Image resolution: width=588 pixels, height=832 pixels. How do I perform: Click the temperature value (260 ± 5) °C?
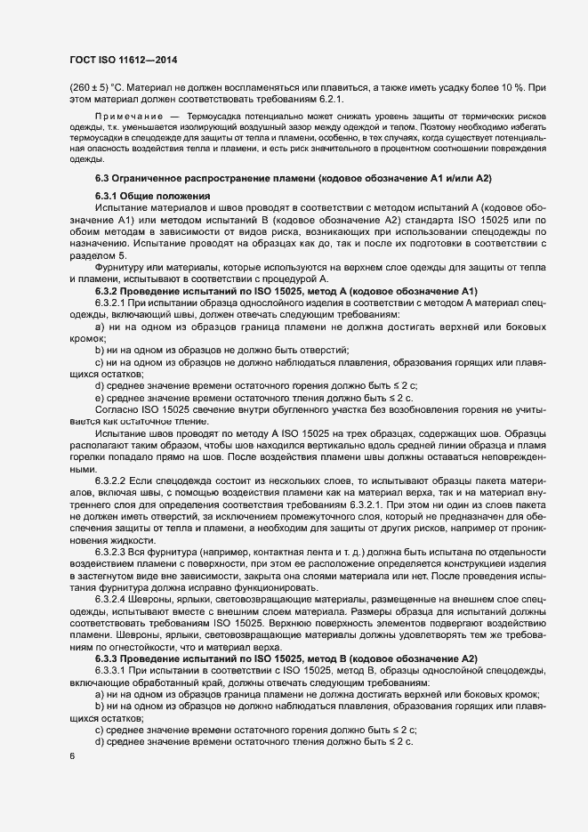[x=94, y=89]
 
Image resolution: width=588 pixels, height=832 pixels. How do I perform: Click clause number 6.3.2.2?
[x=113, y=480]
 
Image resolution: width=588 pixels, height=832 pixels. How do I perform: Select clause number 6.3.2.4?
[x=113, y=596]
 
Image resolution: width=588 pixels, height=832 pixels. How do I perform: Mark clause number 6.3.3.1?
[x=113, y=669]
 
